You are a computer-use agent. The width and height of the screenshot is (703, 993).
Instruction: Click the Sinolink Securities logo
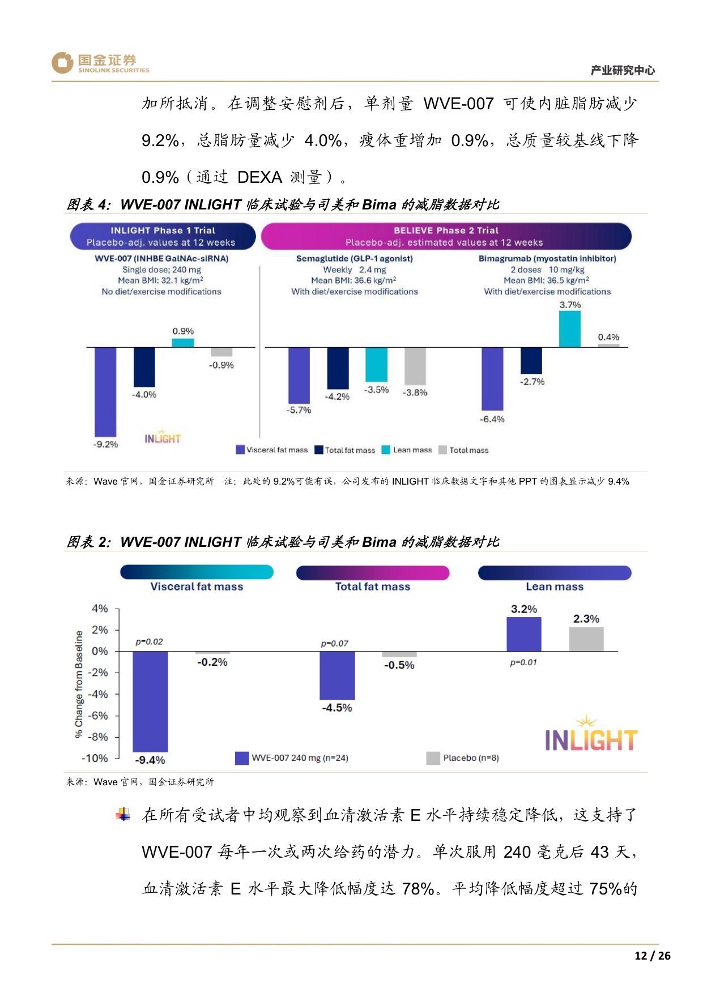point(100,63)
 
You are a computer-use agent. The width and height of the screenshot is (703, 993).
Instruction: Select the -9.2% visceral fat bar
point(105,392)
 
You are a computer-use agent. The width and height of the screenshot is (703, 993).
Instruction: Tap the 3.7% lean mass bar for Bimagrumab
point(569,329)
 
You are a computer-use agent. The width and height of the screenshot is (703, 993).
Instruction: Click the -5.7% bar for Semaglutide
point(299,375)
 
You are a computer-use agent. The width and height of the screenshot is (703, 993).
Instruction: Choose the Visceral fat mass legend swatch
point(240,450)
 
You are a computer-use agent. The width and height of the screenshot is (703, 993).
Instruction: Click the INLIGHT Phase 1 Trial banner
point(163,236)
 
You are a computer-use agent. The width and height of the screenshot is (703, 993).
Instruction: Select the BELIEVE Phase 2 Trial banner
point(446,236)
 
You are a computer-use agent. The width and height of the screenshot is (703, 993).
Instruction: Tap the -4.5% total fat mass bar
point(337,675)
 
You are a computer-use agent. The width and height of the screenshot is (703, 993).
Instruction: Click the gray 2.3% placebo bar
point(586,639)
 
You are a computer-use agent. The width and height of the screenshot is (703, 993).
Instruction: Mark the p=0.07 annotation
point(334,644)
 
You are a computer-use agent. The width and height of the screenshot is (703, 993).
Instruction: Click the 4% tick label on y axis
point(100,609)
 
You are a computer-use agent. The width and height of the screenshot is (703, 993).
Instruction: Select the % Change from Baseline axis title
point(79,684)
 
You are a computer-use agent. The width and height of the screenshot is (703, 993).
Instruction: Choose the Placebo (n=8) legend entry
point(463,758)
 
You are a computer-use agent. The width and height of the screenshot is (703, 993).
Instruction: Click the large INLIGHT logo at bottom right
point(590,735)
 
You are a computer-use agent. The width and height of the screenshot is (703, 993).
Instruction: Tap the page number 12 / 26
point(652,956)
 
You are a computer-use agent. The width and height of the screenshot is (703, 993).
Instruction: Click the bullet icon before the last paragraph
point(123,815)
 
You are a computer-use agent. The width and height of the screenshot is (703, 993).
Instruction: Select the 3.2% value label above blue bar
point(523,609)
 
